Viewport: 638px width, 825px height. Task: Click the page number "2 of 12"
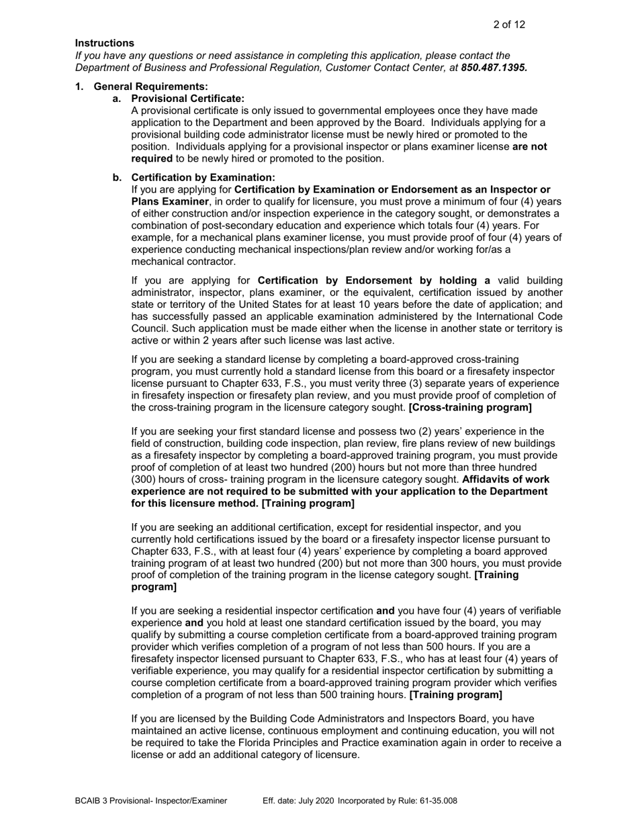tap(508, 25)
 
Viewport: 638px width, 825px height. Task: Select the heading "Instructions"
tap(104, 43)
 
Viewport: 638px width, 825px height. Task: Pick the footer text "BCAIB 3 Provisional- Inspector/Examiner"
tap(151, 800)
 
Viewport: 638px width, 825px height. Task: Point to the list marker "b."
tap(118, 177)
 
